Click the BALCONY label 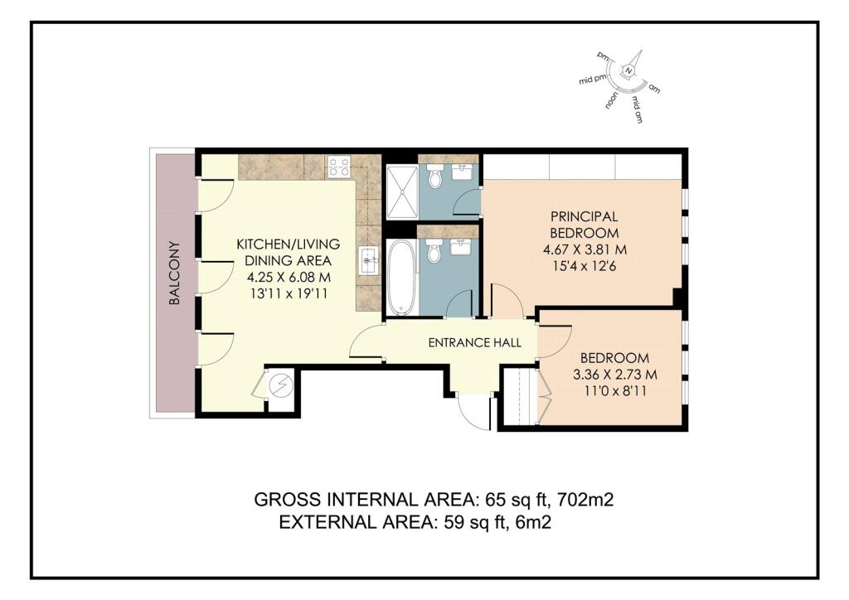[x=174, y=273]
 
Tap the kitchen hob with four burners [x=339, y=167]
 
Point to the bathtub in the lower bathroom [x=401, y=278]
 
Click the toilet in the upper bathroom [x=434, y=177]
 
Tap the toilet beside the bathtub [x=434, y=250]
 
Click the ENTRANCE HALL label [x=475, y=342]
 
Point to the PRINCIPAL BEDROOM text [x=585, y=225]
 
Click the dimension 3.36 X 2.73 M [x=615, y=375]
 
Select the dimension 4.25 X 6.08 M [x=289, y=278]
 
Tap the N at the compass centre [x=628, y=71]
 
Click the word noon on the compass [x=613, y=100]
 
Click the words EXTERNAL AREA [x=357, y=523]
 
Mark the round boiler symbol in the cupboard [x=281, y=385]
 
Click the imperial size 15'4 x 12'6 [x=585, y=266]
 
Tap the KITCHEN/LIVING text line [x=289, y=244]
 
